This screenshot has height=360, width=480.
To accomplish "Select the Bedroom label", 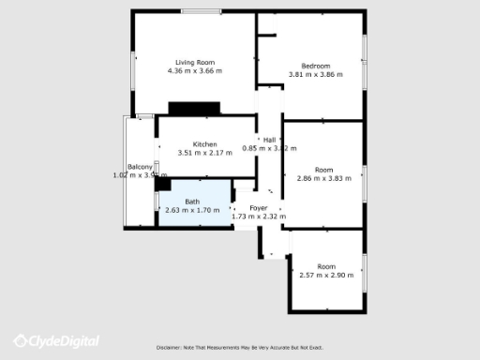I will (x=315, y=66).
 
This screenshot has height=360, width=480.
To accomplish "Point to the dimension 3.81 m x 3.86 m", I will (x=315, y=75).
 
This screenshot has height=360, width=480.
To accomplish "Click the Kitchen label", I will (x=204, y=144).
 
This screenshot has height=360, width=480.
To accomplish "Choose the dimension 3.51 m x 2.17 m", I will (x=204, y=153).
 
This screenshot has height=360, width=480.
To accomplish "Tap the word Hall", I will (x=269, y=139).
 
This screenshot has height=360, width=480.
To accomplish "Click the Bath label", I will (x=191, y=202).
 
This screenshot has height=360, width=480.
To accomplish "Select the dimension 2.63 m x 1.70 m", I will (x=191, y=210).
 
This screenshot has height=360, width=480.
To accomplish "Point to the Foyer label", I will (x=259, y=207).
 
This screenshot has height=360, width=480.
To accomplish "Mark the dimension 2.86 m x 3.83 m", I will (x=323, y=179).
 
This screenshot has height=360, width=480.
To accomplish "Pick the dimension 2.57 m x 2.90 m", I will (x=326, y=276).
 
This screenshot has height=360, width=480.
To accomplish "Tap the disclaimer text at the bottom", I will (x=239, y=348).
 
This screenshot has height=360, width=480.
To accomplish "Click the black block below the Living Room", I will (x=193, y=108).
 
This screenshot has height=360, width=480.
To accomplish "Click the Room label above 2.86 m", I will (x=323, y=170).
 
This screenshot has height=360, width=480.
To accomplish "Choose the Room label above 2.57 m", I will (x=326, y=266).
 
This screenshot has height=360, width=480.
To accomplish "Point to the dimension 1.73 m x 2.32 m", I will (x=259, y=217).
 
